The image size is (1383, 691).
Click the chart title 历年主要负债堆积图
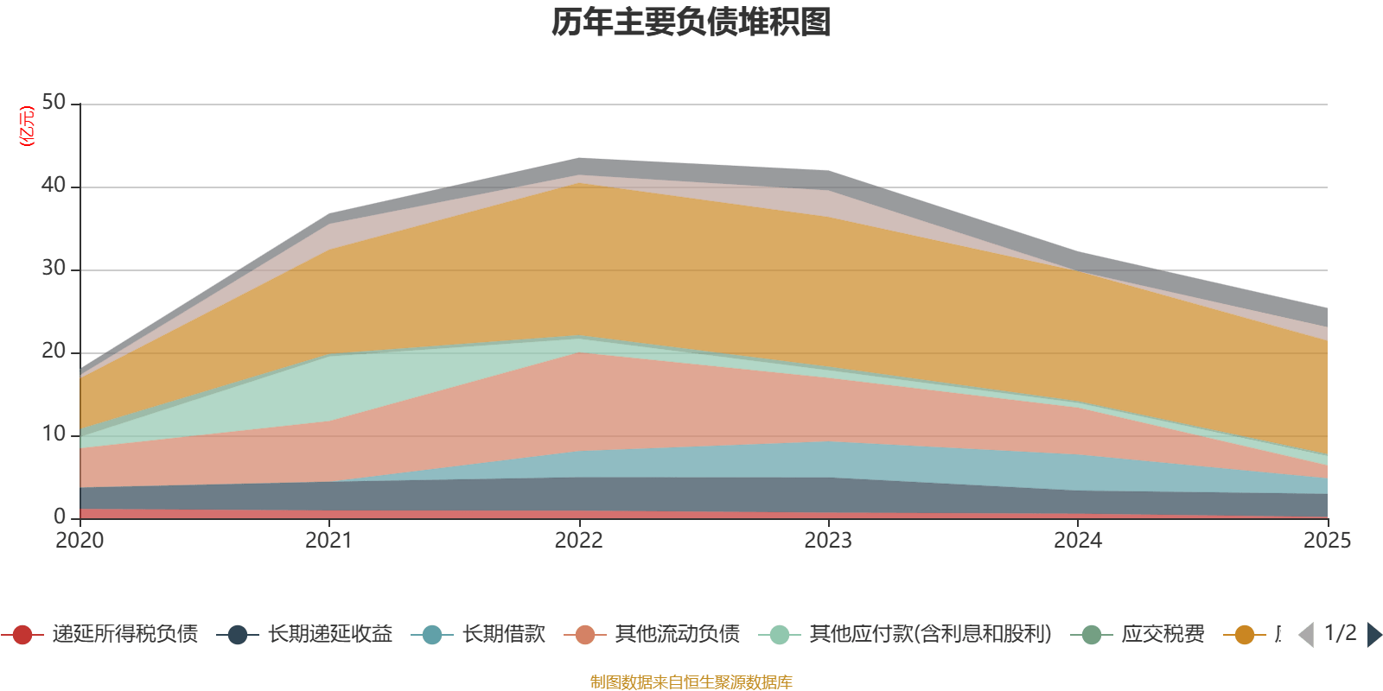691,22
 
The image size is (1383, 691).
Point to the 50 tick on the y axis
54,103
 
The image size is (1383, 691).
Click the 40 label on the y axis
54,186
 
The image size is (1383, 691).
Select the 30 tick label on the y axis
54,269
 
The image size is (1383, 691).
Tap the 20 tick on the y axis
54,352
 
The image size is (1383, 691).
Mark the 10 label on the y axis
54,434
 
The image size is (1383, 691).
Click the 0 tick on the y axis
60,517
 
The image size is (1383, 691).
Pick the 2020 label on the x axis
80,541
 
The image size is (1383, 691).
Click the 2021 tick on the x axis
329,541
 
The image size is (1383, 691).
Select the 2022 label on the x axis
578,541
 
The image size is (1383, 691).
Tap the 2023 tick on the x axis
828,541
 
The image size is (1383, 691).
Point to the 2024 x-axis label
1078,541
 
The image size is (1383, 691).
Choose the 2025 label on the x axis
1327,541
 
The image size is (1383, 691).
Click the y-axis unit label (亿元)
27,126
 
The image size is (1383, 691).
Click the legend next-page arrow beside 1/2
1373,635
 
